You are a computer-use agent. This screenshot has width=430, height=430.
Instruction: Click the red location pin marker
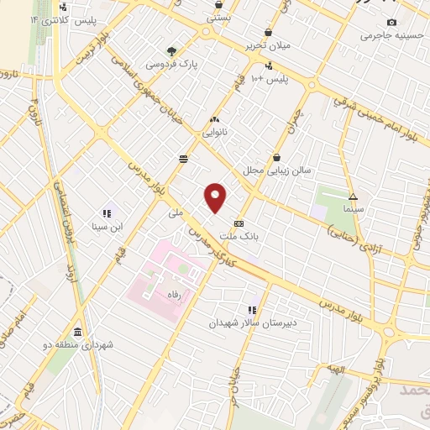216,197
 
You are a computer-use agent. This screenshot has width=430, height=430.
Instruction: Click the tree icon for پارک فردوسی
172,50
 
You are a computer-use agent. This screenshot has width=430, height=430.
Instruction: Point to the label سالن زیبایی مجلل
277,170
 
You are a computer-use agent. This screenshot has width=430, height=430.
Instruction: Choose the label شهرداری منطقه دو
78,345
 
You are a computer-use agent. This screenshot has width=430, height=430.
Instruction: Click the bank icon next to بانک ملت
240,223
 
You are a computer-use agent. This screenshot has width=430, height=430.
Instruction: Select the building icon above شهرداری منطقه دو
78,332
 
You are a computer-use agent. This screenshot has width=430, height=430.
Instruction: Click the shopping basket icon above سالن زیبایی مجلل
277,156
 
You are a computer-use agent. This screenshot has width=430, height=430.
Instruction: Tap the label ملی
175,213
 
